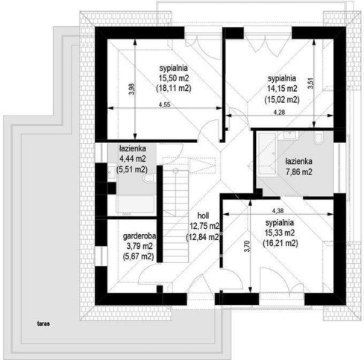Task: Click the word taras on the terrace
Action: (43, 323)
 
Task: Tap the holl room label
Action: (203, 215)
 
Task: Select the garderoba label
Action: (139, 236)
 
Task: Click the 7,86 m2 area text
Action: (299, 172)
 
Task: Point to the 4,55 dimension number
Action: (164, 104)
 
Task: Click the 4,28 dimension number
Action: (279, 113)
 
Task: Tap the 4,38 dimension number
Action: (278, 211)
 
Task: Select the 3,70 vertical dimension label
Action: (247, 247)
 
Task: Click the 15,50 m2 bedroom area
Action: (174, 78)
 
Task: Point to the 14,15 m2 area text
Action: (282, 89)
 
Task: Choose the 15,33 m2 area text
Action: (280, 233)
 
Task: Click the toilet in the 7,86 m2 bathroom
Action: (318, 139)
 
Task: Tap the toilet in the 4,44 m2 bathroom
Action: (148, 178)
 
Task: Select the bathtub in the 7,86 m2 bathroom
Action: (268, 154)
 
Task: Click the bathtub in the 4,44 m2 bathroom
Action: (135, 204)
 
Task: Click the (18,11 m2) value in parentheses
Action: (174, 89)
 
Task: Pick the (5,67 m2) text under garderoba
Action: (138, 256)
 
